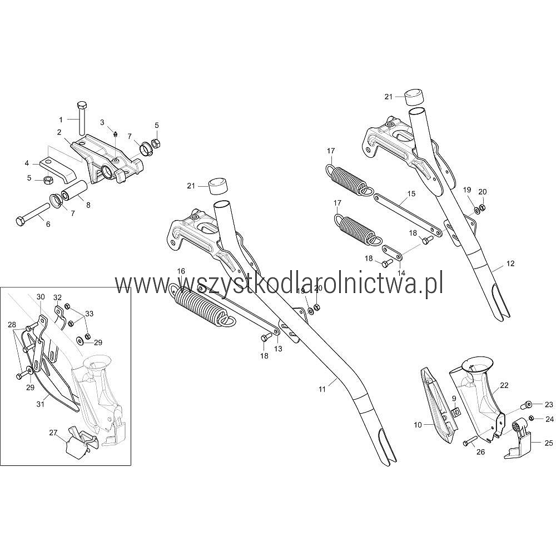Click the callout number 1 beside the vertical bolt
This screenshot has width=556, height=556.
point(62,119)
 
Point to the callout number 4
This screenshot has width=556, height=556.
point(27,163)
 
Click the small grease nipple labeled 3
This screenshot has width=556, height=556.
point(115,133)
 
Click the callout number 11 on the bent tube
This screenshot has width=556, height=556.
point(322,390)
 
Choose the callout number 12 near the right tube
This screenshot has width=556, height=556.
point(510,262)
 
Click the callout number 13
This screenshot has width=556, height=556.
point(278,349)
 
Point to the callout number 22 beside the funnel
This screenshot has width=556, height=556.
point(504,385)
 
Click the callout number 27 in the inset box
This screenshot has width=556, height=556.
point(53,432)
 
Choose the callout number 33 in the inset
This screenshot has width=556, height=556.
point(90,314)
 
